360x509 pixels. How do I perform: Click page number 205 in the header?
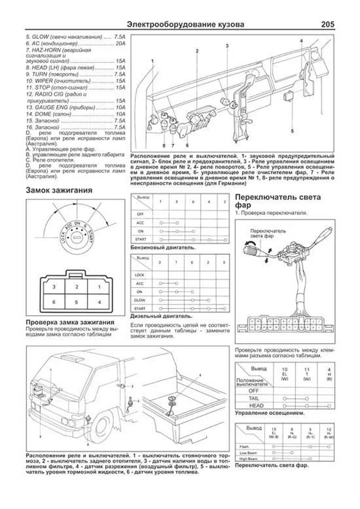(x=327, y=24)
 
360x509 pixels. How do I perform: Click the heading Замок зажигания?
(x=59, y=190)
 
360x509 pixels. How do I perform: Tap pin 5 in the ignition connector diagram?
(x=76, y=302)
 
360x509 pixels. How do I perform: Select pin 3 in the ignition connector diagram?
(x=54, y=287)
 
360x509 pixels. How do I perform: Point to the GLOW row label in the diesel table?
(x=140, y=300)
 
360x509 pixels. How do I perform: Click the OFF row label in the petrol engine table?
(x=140, y=214)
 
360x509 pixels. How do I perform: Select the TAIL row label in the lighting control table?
(x=254, y=398)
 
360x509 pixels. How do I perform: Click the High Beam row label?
(x=248, y=459)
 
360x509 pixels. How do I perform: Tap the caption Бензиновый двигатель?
(x=163, y=248)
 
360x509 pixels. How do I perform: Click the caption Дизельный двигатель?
(x=161, y=316)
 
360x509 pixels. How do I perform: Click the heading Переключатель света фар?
(x=277, y=201)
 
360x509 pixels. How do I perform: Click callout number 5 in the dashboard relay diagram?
(x=292, y=131)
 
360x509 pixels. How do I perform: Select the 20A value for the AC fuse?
(x=120, y=43)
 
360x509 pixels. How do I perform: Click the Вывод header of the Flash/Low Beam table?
(x=254, y=428)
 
